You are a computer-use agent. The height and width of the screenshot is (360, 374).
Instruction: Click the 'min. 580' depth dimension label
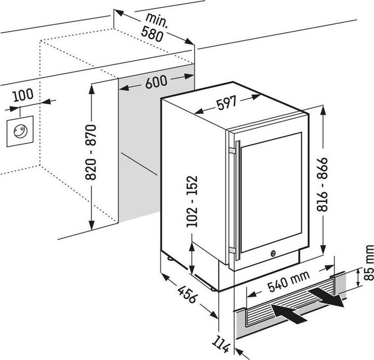pyautogui.click(x=154, y=29)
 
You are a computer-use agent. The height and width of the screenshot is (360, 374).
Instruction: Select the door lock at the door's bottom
pyautogui.click(x=272, y=254)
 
